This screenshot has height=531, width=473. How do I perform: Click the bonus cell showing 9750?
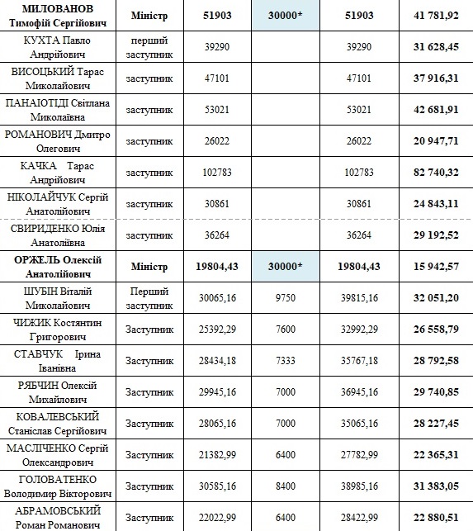[x=286, y=298]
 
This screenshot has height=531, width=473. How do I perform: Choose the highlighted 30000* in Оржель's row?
[x=286, y=267]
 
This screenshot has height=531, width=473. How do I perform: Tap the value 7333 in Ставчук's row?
[x=286, y=360]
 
